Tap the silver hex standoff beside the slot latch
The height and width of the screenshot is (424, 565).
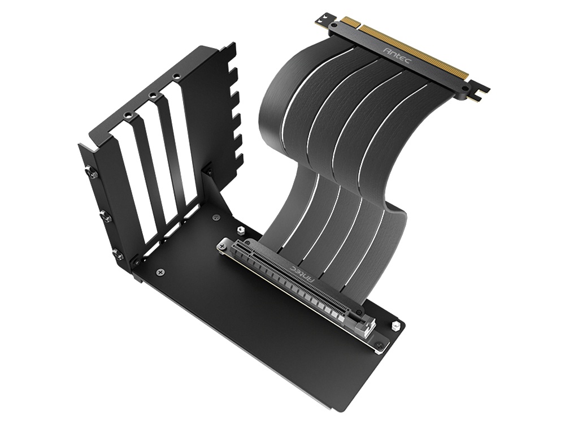(395, 326)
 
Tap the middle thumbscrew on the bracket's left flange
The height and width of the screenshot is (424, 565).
(105, 215)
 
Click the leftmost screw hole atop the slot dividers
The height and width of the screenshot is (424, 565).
(129, 116)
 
